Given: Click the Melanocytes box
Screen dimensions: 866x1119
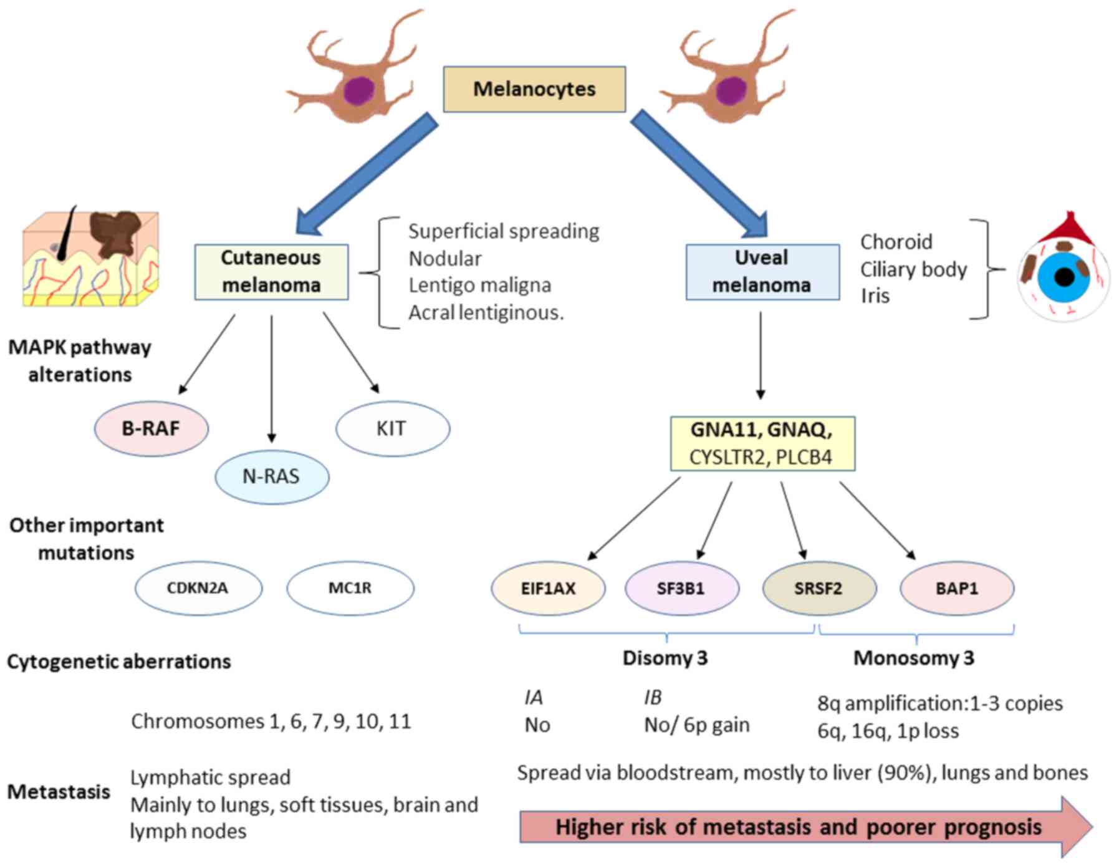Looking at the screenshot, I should click(534, 89).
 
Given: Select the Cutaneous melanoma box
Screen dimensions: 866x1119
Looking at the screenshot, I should click(271, 272).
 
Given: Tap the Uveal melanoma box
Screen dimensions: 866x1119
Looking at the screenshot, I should click(762, 272).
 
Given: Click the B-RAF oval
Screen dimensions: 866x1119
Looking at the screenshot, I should click(151, 428).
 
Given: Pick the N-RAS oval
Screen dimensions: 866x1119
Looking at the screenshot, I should click(271, 476).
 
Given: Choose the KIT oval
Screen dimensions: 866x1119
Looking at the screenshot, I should click(392, 428).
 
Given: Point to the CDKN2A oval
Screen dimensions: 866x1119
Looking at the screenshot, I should click(198, 588).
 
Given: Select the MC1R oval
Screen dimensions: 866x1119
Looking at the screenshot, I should click(350, 588).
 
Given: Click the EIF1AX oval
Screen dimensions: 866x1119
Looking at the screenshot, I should click(548, 588).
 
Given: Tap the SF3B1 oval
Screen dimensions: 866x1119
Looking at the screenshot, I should click(681, 588).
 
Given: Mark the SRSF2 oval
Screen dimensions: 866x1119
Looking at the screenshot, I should click(819, 588).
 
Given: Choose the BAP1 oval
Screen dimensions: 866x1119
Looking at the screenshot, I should click(957, 588).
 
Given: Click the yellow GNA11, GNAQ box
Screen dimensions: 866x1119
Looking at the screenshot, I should click(762, 443).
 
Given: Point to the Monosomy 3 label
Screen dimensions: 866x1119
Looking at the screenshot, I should click(913, 658).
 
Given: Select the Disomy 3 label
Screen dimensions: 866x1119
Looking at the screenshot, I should click(665, 658).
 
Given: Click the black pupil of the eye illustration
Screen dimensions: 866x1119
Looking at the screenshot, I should click(1064, 276).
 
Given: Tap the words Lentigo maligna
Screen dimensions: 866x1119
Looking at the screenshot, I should click(479, 285).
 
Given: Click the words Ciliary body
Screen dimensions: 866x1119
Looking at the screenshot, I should click(913, 269).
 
